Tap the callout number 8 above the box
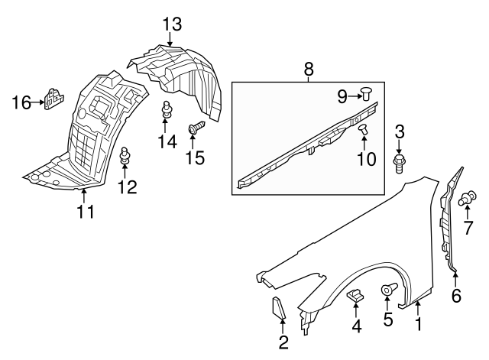[309, 69]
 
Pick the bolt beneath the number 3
[400, 162]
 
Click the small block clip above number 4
[355, 294]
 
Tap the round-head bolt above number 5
[389, 290]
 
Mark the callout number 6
[456, 296]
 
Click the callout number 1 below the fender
[418, 325]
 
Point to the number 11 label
[86, 212]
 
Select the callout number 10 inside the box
[367, 159]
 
